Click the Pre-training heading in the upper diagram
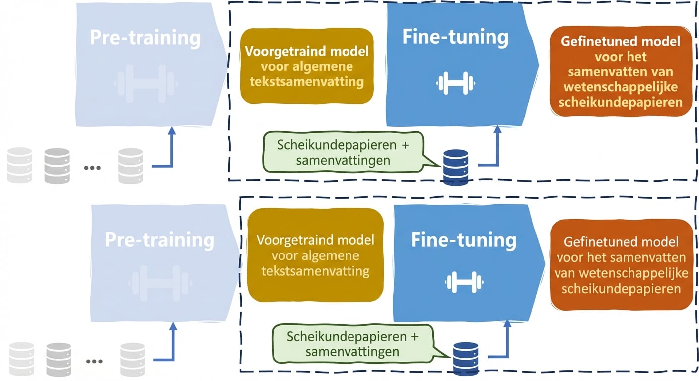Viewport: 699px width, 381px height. (145, 38)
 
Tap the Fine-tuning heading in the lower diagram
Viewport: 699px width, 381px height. (463, 240)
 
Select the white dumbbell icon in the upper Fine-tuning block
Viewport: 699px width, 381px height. (456, 83)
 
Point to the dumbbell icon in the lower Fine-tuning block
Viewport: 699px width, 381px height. (464, 281)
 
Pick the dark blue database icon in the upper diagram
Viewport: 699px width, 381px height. (455, 167)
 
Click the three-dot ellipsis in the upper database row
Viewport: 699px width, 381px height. (92, 168)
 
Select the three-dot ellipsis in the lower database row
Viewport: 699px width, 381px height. (94, 361)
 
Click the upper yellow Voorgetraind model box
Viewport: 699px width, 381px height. (306, 66)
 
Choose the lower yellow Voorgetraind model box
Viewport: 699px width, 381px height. (315, 255)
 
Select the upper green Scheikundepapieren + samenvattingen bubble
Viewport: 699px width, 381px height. (344, 152)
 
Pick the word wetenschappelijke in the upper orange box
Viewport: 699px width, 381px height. (621, 87)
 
